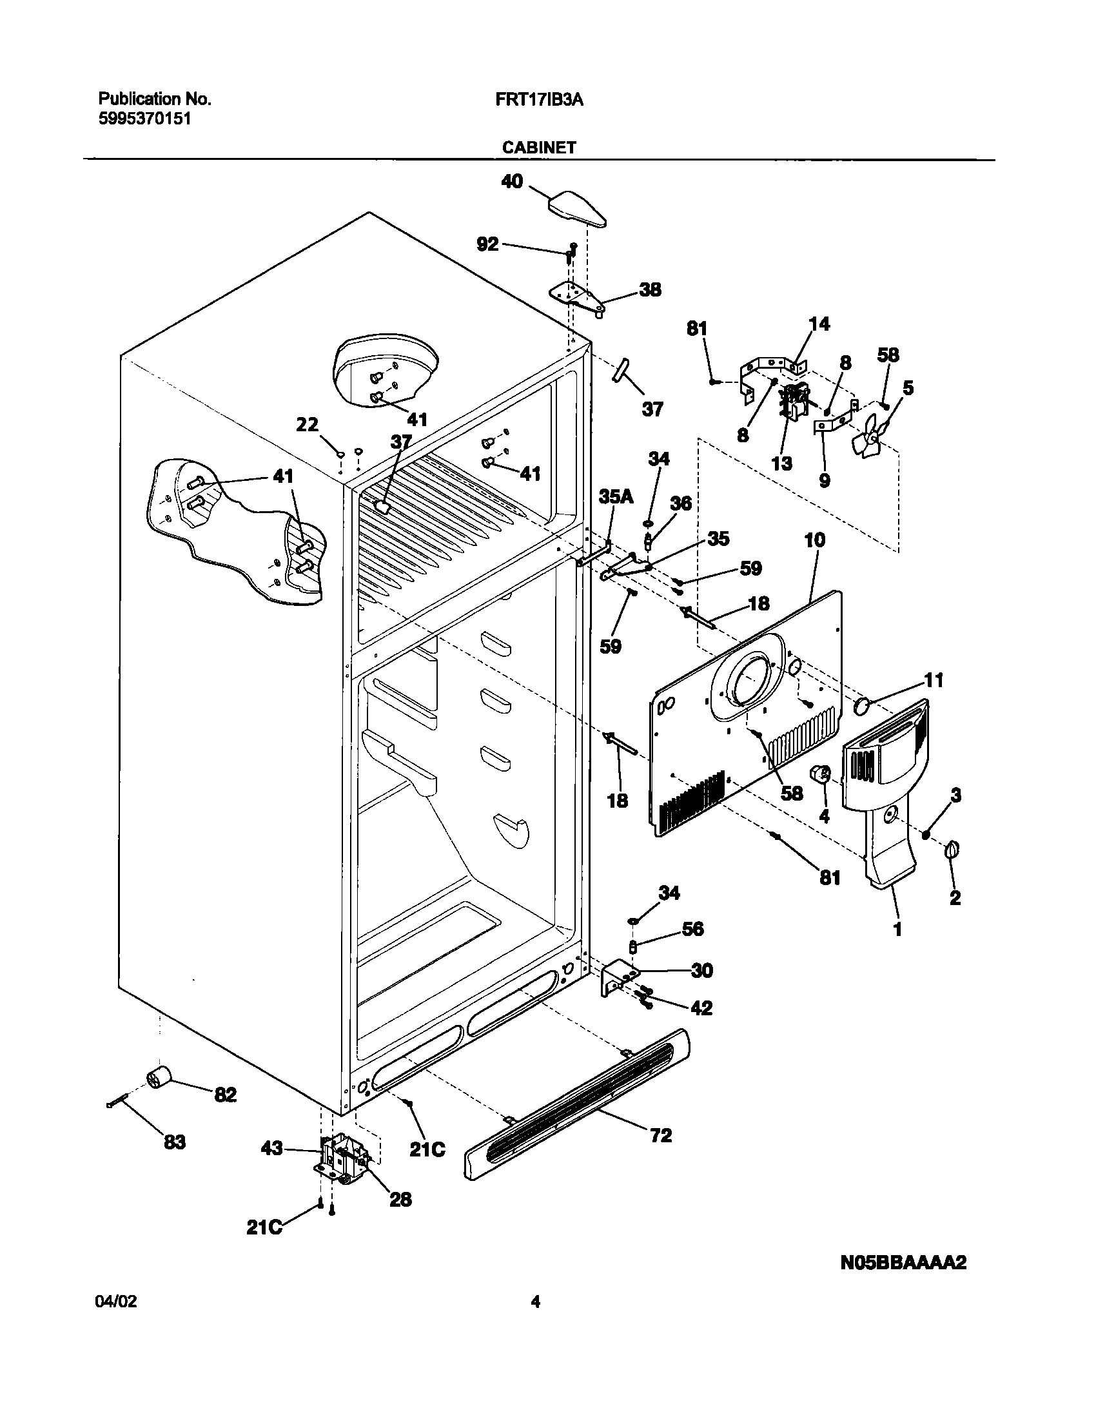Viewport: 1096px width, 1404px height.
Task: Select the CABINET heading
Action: point(539,148)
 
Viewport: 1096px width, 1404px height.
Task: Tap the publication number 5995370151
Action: point(144,119)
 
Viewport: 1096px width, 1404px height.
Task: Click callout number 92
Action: point(487,244)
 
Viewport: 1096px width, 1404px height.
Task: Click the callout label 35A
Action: point(616,496)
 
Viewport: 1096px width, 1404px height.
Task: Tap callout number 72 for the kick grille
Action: point(661,1135)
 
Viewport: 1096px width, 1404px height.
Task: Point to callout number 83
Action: point(175,1142)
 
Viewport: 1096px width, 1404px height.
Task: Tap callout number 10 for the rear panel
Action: point(815,540)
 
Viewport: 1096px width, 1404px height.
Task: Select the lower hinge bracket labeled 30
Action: point(615,980)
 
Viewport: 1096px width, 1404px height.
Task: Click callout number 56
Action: point(693,929)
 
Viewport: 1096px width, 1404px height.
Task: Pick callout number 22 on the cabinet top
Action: point(308,425)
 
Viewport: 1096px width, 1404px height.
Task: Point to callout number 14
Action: point(819,324)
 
